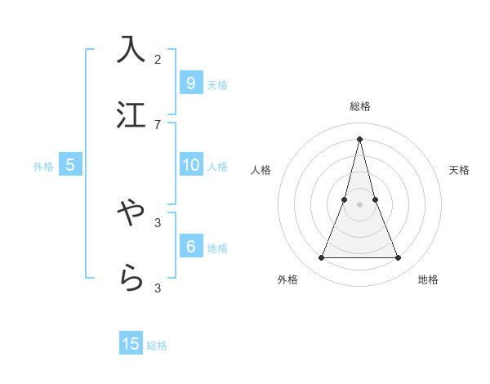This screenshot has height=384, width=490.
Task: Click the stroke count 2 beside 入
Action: [x=158, y=59]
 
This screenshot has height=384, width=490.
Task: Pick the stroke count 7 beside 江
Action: [x=158, y=124]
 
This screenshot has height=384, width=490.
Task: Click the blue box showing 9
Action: [x=190, y=83]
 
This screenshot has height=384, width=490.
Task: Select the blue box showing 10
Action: [x=190, y=165]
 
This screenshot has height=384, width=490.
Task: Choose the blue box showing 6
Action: [x=190, y=246]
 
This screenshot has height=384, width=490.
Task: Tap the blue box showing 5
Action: [x=70, y=165]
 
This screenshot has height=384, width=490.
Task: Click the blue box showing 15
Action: [x=131, y=344]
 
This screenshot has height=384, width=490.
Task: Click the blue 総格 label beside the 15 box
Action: [x=157, y=346]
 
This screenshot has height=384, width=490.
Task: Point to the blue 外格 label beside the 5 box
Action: [x=43, y=167]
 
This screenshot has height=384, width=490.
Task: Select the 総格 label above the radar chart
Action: [x=360, y=106]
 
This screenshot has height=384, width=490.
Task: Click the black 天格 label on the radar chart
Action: [x=459, y=170]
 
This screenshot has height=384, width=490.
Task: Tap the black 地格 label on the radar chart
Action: [x=428, y=279]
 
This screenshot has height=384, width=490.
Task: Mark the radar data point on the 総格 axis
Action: [x=360, y=138]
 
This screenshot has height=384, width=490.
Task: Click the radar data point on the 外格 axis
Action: [x=321, y=258]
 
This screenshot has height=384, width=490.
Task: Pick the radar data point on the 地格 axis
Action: [x=399, y=258]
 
